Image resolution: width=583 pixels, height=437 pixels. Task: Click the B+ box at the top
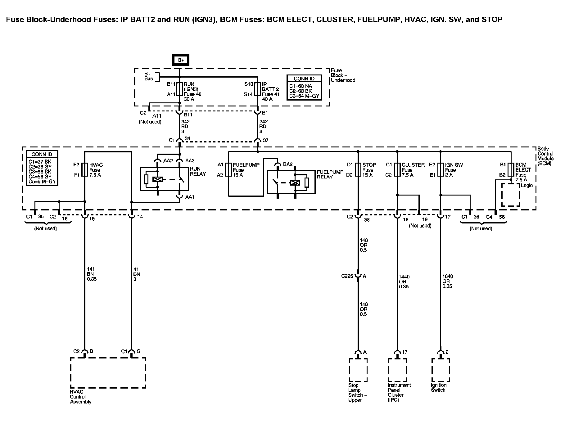[x=181, y=60]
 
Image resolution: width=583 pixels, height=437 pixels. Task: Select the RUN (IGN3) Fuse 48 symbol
[x=180, y=89]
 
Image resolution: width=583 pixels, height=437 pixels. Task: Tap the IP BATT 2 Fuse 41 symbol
[x=258, y=89]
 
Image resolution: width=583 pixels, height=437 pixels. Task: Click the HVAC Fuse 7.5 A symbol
[x=85, y=170]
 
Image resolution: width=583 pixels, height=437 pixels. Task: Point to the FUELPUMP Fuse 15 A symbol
[x=229, y=170]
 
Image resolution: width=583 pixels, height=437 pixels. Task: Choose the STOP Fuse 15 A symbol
[x=358, y=170]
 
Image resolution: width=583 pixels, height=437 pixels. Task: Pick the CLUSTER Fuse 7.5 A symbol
[x=397, y=170]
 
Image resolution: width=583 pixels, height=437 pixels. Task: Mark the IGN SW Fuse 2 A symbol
[x=440, y=170]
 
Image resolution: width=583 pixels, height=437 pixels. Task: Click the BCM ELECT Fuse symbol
[x=511, y=170]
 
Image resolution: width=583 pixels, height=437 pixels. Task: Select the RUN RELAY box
[x=164, y=179]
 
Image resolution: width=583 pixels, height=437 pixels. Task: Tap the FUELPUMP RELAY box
[x=291, y=182]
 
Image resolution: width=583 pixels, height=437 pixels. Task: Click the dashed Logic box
[x=511, y=195]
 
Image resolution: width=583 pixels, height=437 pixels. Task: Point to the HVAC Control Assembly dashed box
[x=108, y=373]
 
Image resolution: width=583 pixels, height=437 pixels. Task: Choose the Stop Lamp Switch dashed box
[x=358, y=370]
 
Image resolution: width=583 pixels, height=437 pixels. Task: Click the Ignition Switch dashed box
[x=440, y=370]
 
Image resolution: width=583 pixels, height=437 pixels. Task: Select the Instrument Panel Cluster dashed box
[x=397, y=370]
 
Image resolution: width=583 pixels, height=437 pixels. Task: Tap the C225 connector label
[x=347, y=276]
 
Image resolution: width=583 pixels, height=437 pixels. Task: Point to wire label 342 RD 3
[x=185, y=127]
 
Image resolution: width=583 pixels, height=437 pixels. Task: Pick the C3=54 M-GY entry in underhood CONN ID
[x=304, y=96]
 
